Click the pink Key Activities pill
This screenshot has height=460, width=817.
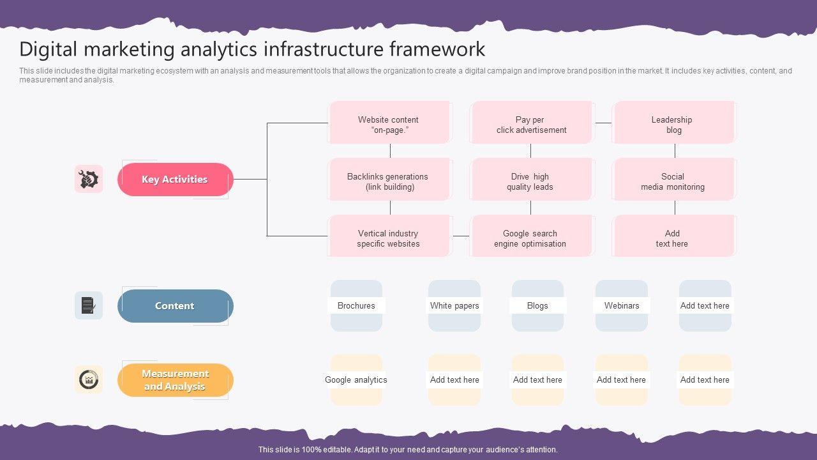(x=176, y=180)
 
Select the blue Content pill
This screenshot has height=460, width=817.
(x=176, y=306)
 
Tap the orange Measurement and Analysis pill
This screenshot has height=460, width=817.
(x=176, y=380)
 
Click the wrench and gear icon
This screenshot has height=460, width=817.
(x=89, y=179)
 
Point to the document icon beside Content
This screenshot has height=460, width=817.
(x=89, y=305)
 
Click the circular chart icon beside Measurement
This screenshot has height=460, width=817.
(x=89, y=379)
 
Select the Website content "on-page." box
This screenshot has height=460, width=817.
(x=390, y=123)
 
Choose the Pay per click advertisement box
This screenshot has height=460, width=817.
(x=532, y=123)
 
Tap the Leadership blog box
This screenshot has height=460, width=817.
(x=674, y=123)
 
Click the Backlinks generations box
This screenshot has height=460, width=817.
(x=390, y=180)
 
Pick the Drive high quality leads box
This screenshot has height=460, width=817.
(x=532, y=180)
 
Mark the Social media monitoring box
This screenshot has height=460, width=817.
(x=674, y=180)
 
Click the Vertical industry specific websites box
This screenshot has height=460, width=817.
(x=390, y=236)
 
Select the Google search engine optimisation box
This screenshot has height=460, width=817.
(x=532, y=236)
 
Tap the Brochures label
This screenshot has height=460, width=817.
(x=356, y=305)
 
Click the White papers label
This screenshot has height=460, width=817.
(x=454, y=305)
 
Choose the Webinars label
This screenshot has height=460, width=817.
(x=622, y=305)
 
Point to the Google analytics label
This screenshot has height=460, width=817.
(x=356, y=379)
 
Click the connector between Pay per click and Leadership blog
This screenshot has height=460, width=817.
(x=603, y=123)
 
